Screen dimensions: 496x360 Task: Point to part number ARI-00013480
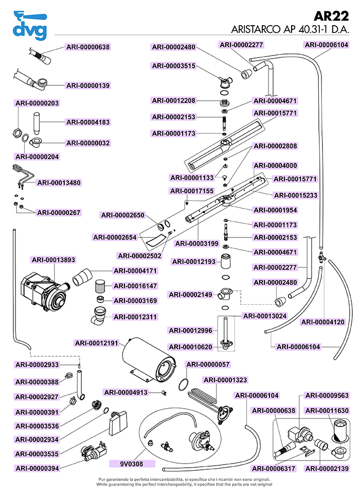pos(59,182)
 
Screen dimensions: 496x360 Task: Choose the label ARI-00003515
pos(173,66)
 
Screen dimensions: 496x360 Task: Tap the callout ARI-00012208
pos(173,100)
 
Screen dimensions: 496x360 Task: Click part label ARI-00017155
pos(192,191)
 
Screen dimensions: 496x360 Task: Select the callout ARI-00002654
pos(114,237)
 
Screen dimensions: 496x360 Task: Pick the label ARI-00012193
pos(193,262)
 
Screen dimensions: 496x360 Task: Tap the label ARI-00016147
pos(135,286)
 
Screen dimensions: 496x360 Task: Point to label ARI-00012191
pos(97,343)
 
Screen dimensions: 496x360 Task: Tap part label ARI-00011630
pos(327,411)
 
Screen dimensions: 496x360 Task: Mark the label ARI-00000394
pos(37,468)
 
